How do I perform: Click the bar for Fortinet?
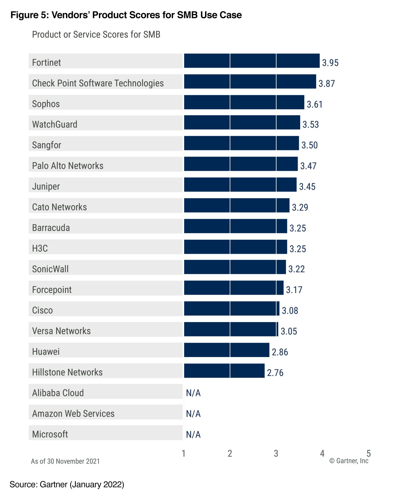pos(251,61)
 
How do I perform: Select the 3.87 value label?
pos(327,84)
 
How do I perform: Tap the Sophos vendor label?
pos(46,104)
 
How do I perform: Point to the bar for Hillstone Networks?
pos(224,371)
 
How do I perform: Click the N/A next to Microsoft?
pos(193,435)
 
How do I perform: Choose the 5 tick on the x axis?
pos(368,453)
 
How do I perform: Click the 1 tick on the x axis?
pos(184,453)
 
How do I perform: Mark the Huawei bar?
pos(227,350)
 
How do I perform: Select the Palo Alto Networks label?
pos(68,166)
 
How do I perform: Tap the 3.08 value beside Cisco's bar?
pos(290,311)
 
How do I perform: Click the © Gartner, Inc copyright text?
pos(349,461)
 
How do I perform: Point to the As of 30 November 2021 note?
pos(65,461)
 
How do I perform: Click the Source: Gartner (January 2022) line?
pos(67,485)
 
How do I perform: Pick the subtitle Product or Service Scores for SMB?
pos(96,35)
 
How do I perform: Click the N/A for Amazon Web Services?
pos(193,414)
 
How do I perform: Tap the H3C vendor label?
pos(40,248)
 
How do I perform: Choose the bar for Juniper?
pos(240,185)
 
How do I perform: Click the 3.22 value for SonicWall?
pos(297,269)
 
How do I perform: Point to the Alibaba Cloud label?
pos(58,393)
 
